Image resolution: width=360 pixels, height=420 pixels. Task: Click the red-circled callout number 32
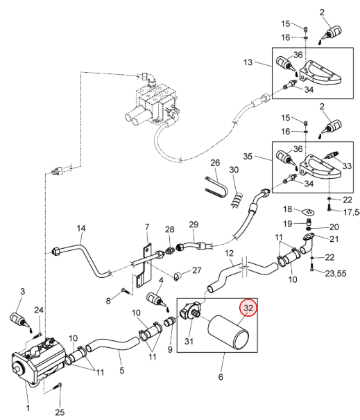(x=248, y=308)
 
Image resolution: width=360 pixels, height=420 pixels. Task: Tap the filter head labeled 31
(x=190, y=310)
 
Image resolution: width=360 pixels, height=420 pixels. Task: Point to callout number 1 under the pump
(x=28, y=408)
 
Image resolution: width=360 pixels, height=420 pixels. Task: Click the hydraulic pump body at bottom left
(x=37, y=360)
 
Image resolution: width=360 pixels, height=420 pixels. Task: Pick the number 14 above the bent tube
(x=81, y=229)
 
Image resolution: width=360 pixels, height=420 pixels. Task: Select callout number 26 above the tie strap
(x=215, y=163)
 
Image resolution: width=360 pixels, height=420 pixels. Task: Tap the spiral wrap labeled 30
(x=237, y=200)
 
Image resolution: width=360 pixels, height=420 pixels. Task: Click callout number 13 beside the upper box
(x=248, y=62)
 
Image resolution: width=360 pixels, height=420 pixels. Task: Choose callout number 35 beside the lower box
(x=248, y=156)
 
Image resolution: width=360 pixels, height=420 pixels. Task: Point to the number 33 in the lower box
(x=347, y=166)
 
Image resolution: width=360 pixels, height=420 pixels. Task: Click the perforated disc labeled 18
(x=308, y=212)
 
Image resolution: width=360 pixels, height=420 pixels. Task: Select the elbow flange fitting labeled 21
(x=307, y=243)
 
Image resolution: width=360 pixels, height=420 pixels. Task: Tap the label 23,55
(x=336, y=274)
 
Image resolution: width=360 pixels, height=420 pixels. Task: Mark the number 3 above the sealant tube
(x=22, y=291)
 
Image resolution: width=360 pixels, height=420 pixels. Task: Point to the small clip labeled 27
(x=177, y=276)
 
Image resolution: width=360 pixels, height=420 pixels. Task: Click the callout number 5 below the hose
(x=122, y=371)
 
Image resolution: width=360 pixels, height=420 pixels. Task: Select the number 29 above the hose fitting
(x=194, y=225)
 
